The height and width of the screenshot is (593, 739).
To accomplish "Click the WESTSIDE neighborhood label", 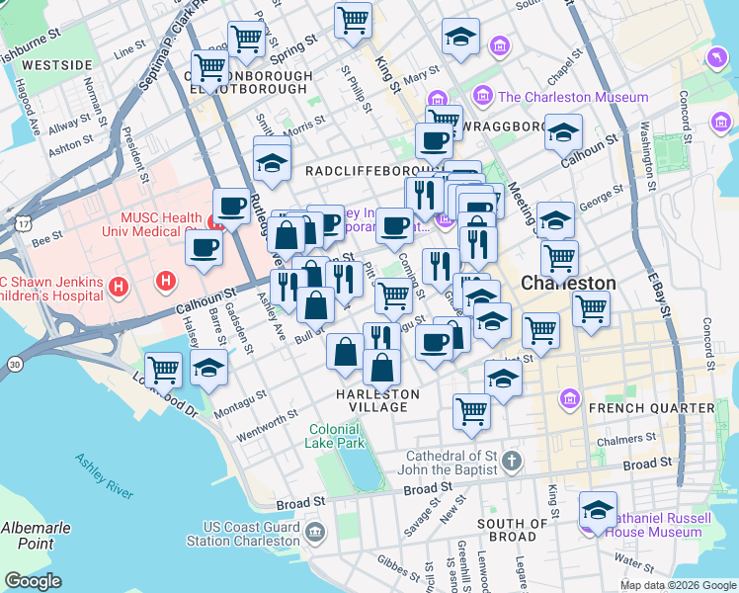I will point(56,65).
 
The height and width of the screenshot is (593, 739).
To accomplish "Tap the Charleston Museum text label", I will point(573,97).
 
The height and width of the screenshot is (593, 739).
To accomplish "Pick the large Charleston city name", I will point(568,283).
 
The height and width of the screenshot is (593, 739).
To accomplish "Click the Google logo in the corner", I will point(34,581).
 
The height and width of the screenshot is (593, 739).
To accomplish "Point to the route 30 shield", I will point(13,365).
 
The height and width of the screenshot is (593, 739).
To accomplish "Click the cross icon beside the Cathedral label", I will point(511,461).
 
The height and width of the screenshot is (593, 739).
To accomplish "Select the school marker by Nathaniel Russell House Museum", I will point(598,510).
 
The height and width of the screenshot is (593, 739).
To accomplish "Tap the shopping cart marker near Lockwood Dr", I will point(164,369).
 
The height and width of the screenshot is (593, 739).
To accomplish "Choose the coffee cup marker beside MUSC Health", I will point(231,207).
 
